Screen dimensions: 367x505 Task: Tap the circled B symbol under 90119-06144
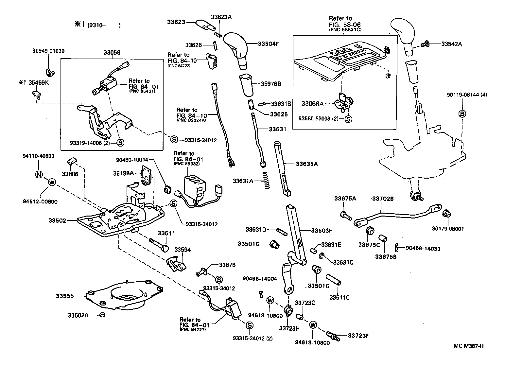click(x=463, y=114)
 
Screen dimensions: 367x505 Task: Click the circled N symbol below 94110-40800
click(x=39, y=174)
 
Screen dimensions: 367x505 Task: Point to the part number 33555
click(x=64, y=296)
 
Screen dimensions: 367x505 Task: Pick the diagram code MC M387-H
click(x=468, y=346)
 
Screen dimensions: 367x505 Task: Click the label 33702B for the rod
click(x=383, y=199)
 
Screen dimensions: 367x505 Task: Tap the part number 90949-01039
click(x=48, y=51)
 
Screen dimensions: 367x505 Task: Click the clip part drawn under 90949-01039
click(x=49, y=72)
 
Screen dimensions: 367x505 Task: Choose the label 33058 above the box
click(x=112, y=52)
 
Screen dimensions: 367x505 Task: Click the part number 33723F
click(x=358, y=335)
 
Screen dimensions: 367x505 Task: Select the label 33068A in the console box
click(x=312, y=104)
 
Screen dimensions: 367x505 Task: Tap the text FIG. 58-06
click(x=345, y=25)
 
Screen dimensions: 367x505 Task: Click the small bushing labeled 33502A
click(x=103, y=315)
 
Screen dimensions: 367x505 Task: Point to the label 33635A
click(x=306, y=164)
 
